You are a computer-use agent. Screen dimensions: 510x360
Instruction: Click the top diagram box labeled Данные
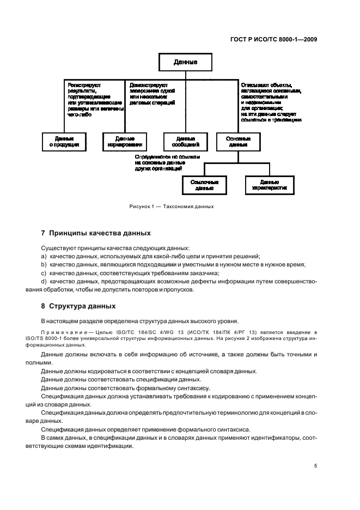[185, 63]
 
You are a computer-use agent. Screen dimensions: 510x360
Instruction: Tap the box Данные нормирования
[125, 142]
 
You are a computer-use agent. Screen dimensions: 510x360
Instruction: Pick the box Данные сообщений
[185, 142]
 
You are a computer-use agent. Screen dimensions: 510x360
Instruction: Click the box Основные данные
[238, 142]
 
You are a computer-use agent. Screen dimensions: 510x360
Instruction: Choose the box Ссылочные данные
[204, 185]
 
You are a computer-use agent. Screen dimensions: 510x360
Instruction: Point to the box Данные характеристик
[269, 185]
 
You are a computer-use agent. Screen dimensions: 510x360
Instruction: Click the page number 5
[316, 466]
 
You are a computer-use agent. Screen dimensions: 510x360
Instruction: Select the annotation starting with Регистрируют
[94, 100]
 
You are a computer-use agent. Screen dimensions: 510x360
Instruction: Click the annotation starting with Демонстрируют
[152, 94]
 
